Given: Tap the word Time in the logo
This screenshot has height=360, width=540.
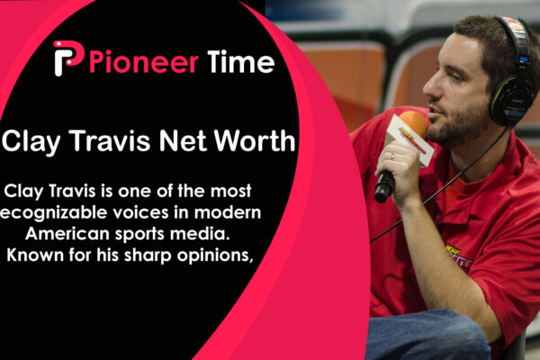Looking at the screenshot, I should (238, 62).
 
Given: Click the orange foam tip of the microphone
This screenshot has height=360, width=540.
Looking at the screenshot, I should (413, 123).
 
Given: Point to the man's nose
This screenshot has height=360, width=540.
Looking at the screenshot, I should (430, 87).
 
